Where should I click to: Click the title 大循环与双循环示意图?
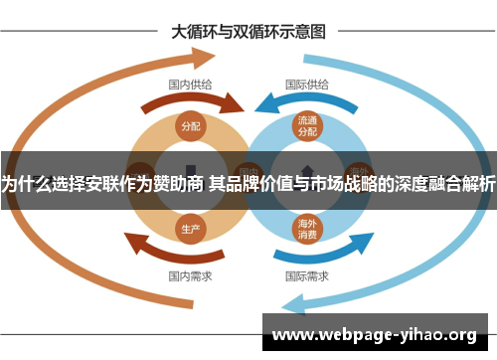[248, 31]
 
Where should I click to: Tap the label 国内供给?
[189, 85]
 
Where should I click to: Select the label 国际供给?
[308, 85]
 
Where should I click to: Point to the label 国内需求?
[189, 274]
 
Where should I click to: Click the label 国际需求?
[306, 274]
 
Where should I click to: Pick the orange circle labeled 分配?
[191, 126]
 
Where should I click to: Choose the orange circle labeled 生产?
[191, 228]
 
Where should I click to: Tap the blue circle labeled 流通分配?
[306, 126]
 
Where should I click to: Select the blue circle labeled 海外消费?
[306, 229]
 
